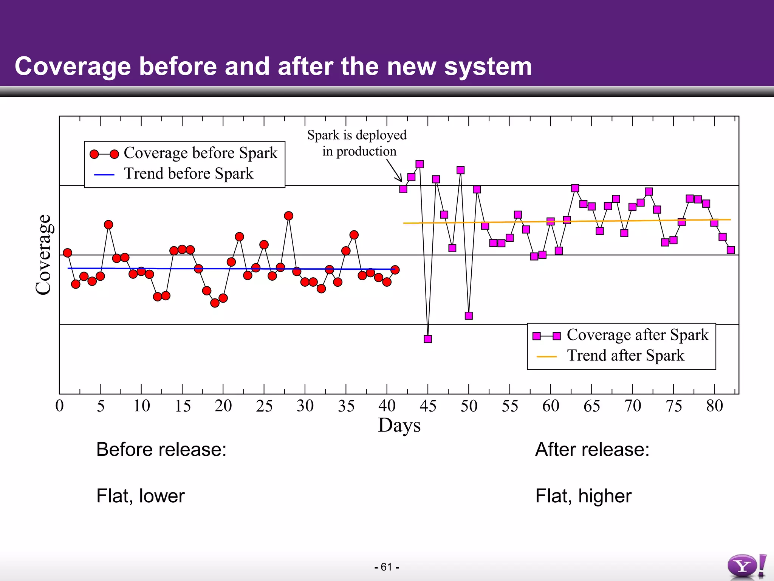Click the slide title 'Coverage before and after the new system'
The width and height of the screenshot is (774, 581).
click(273, 67)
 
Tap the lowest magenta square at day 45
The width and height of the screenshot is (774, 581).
click(428, 339)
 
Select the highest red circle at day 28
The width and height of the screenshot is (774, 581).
click(288, 216)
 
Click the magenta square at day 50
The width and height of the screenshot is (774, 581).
click(469, 315)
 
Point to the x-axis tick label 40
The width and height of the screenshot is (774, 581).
click(387, 406)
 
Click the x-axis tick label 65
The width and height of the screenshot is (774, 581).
click(591, 406)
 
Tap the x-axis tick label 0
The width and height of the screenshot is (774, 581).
click(59, 406)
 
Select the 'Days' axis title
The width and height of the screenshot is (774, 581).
click(399, 426)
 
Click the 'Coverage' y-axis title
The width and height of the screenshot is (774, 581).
click(43, 255)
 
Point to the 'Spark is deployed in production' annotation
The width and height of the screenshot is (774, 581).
click(357, 143)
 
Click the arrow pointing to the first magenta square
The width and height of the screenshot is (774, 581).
click(395, 171)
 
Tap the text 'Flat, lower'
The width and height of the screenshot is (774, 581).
click(140, 496)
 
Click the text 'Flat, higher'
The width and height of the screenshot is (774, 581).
click(583, 496)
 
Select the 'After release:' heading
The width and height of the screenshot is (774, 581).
click(592, 450)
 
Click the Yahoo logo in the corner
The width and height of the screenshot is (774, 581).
click(746, 566)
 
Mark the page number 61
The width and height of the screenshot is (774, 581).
click(387, 567)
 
